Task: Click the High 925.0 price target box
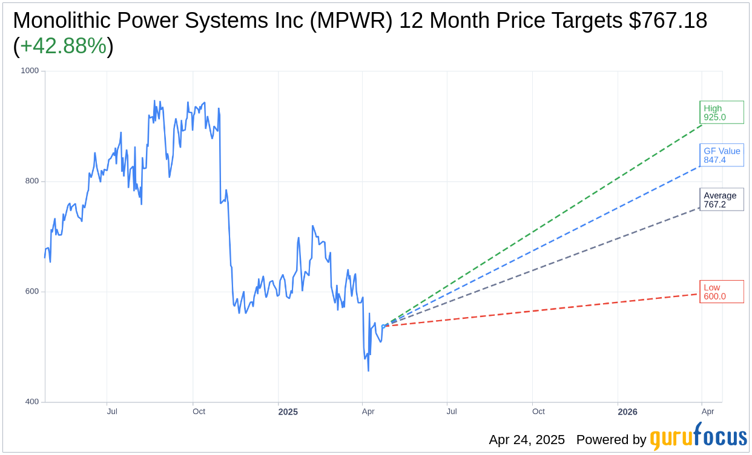721,113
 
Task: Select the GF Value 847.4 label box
721,155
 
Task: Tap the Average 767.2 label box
721,200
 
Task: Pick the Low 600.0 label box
721,292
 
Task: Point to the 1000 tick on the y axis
30,71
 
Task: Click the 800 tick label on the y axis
31,181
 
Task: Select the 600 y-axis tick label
31,291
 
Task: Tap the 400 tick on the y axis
31,402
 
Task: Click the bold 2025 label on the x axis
288,412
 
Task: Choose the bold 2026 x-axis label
627,412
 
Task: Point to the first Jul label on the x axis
112,411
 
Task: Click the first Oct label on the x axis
199,411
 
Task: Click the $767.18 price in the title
668,21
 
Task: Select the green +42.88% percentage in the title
63,47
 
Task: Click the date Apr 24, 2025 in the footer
527,440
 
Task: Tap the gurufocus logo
698,437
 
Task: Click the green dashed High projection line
545,225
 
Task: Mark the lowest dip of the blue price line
368,370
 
